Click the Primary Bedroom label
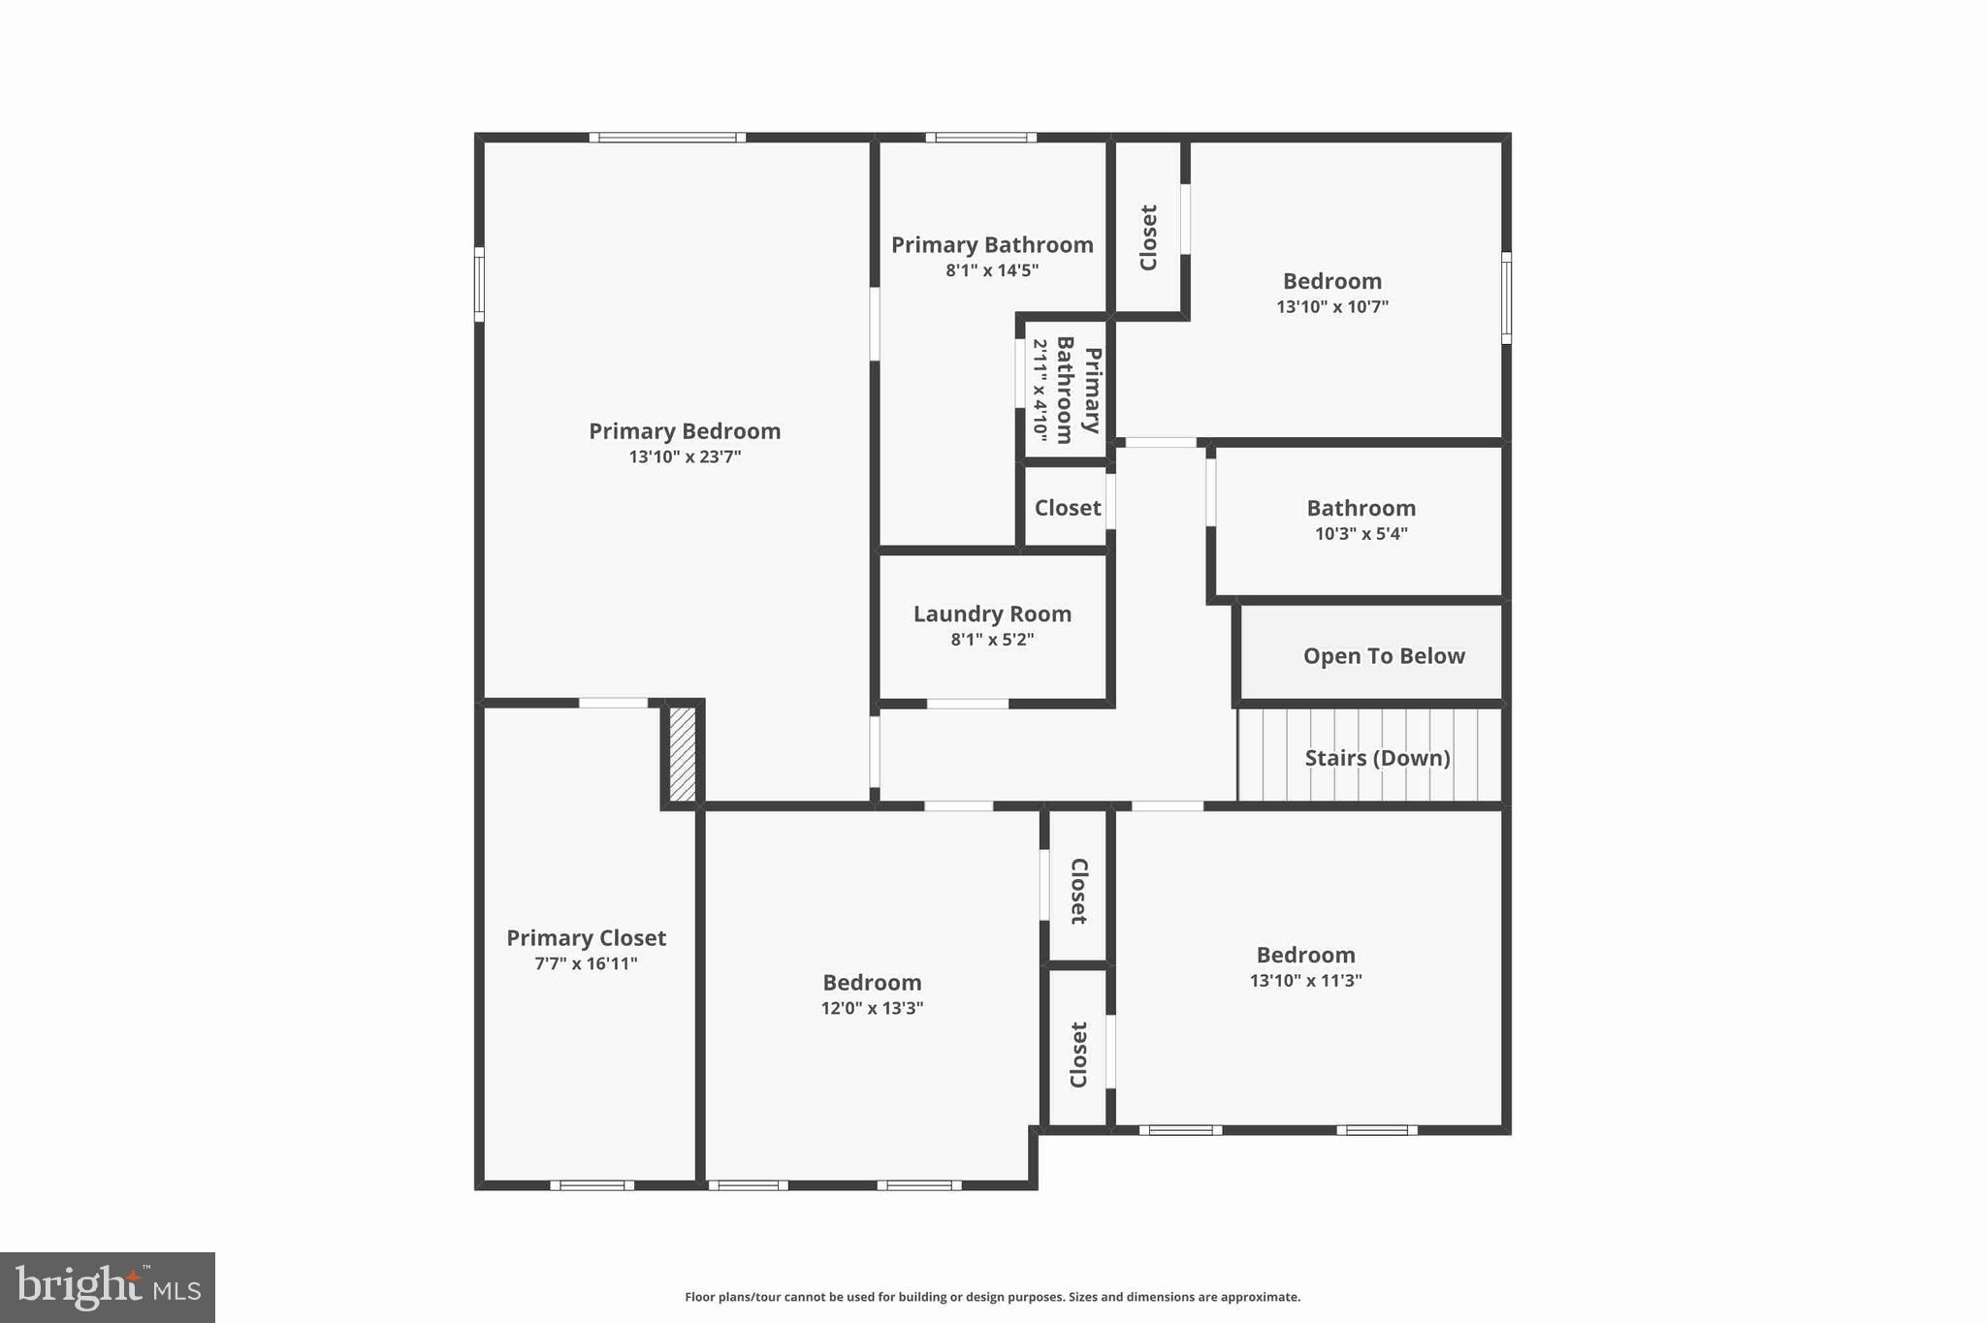click(685, 431)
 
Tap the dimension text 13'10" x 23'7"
click(685, 457)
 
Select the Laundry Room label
click(992, 614)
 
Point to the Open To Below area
click(1383, 656)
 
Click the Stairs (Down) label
click(1377, 758)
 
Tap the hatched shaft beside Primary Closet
click(683, 754)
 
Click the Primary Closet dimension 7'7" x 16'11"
click(586, 963)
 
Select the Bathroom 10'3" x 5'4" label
click(1361, 508)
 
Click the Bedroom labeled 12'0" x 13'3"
click(872, 983)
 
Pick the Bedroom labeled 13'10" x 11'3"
click(1305, 955)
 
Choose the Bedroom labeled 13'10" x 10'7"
click(1331, 281)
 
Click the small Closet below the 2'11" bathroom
click(1067, 508)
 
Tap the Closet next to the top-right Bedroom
click(1148, 237)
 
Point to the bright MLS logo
click(108, 1287)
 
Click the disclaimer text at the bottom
click(992, 1297)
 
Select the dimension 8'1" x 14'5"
click(992, 270)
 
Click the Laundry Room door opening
click(967, 704)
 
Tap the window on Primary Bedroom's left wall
click(479, 284)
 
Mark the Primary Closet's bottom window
click(592, 1184)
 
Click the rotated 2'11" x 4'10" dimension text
click(1040, 388)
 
